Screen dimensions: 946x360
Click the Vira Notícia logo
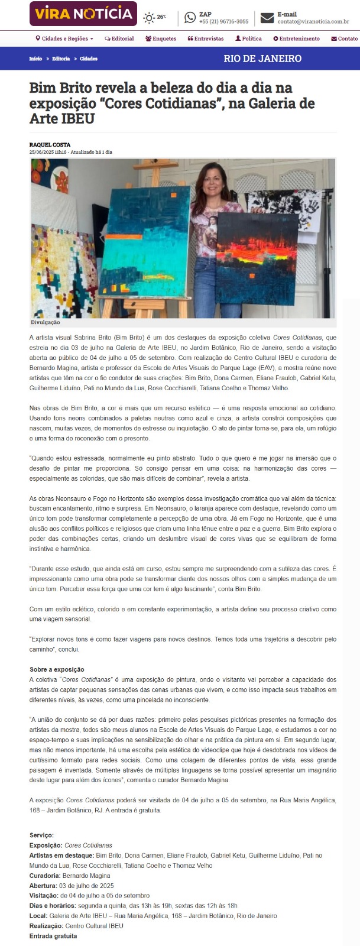tap(83, 14)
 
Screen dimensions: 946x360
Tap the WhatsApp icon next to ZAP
tap(190, 18)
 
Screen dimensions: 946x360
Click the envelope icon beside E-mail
tap(267, 18)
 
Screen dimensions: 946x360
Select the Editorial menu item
tap(119, 38)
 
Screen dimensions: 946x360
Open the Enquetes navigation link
tap(161, 38)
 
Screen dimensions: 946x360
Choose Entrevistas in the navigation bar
tap(206, 38)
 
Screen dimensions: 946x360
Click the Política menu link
tap(248, 38)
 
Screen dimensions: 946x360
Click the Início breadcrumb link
tap(35, 59)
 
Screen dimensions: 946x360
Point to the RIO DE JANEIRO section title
tap(262, 59)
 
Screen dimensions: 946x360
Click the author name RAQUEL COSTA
tap(50, 145)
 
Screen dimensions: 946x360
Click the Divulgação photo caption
tap(46, 323)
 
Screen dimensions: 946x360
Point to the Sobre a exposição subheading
tap(57, 669)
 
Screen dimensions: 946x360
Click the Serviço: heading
tap(41, 835)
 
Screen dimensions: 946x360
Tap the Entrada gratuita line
tap(53, 936)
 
